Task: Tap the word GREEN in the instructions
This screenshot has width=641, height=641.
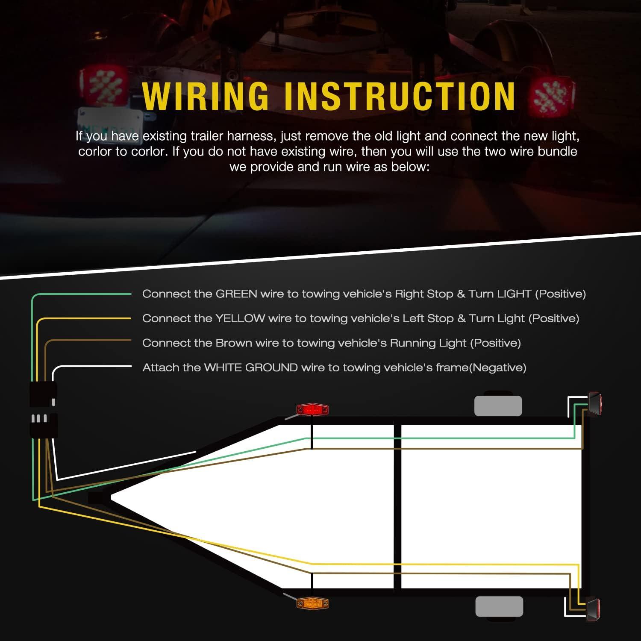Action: (x=236, y=294)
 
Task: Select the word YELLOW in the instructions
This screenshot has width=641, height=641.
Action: (x=240, y=318)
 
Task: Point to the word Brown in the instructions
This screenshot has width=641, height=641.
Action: (x=234, y=343)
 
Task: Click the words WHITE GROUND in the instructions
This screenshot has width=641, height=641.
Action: (x=251, y=368)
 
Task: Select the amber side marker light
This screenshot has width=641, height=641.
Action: (x=312, y=603)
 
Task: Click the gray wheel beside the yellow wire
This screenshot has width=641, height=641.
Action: (x=499, y=606)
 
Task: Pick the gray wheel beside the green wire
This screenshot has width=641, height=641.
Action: (x=498, y=406)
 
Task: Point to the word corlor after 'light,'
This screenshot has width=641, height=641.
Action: (x=94, y=152)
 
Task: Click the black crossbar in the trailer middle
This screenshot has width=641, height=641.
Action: (x=397, y=506)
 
